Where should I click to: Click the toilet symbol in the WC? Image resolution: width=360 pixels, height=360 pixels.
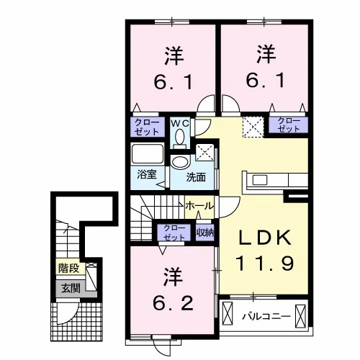(x=179, y=138)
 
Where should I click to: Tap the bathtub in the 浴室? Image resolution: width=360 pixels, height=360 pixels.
(x=148, y=153)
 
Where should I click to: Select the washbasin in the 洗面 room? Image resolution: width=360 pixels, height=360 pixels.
(x=180, y=161)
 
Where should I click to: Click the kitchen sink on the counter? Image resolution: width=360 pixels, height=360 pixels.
(x=259, y=180)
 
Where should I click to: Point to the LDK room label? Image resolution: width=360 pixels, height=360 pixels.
(x=264, y=238)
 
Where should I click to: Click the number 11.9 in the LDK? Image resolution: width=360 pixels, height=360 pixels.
(x=265, y=263)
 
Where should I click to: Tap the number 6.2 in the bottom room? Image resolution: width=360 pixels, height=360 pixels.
(x=173, y=303)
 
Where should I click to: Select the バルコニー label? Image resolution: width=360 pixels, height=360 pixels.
(x=266, y=316)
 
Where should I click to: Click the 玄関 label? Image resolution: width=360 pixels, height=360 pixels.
(x=71, y=288)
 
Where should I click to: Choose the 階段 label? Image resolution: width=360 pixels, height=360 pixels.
(x=69, y=268)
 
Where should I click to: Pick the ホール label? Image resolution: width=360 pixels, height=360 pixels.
(x=199, y=206)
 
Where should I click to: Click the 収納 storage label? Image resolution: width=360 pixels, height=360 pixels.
(x=205, y=233)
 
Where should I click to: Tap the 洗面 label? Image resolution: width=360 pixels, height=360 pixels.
(x=196, y=177)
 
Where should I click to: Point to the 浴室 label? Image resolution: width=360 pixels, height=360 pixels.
(x=147, y=174)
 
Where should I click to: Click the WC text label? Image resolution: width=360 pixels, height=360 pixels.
(x=180, y=123)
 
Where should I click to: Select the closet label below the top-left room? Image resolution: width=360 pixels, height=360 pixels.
(x=147, y=127)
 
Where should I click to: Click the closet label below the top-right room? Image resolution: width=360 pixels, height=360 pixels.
(x=289, y=125)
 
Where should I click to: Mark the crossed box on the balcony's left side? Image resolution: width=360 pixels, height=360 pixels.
(x=228, y=313)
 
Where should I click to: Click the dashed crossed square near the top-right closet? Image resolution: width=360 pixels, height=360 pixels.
(x=253, y=127)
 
